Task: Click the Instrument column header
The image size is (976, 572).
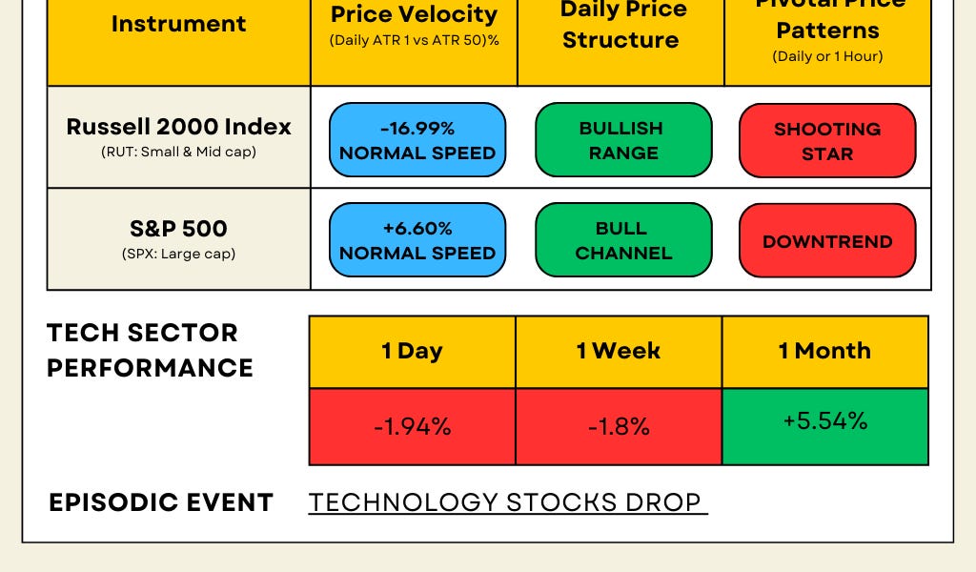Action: [178, 25]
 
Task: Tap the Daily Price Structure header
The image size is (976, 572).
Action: [620, 27]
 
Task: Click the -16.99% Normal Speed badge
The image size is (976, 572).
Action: [417, 140]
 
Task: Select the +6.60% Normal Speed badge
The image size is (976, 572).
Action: [417, 240]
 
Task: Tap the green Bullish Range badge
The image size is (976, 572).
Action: [623, 140]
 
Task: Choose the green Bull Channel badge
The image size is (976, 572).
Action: [623, 240]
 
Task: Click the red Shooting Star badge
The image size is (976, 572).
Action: [827, 140]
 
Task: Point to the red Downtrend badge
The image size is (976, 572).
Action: [827, 240]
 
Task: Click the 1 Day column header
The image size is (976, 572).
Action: [412, 352]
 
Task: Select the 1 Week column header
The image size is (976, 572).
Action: [619, 352]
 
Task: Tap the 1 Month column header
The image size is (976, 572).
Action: [824, 352]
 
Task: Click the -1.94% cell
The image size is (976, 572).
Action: [412, 426]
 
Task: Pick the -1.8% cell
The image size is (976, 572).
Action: [619, 426]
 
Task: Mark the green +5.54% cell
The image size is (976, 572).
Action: [825, 425]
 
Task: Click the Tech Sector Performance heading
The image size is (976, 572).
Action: [150, 350]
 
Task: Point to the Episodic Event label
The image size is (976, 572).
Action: [161, 502]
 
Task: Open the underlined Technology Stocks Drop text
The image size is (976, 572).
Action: [506, 502]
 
